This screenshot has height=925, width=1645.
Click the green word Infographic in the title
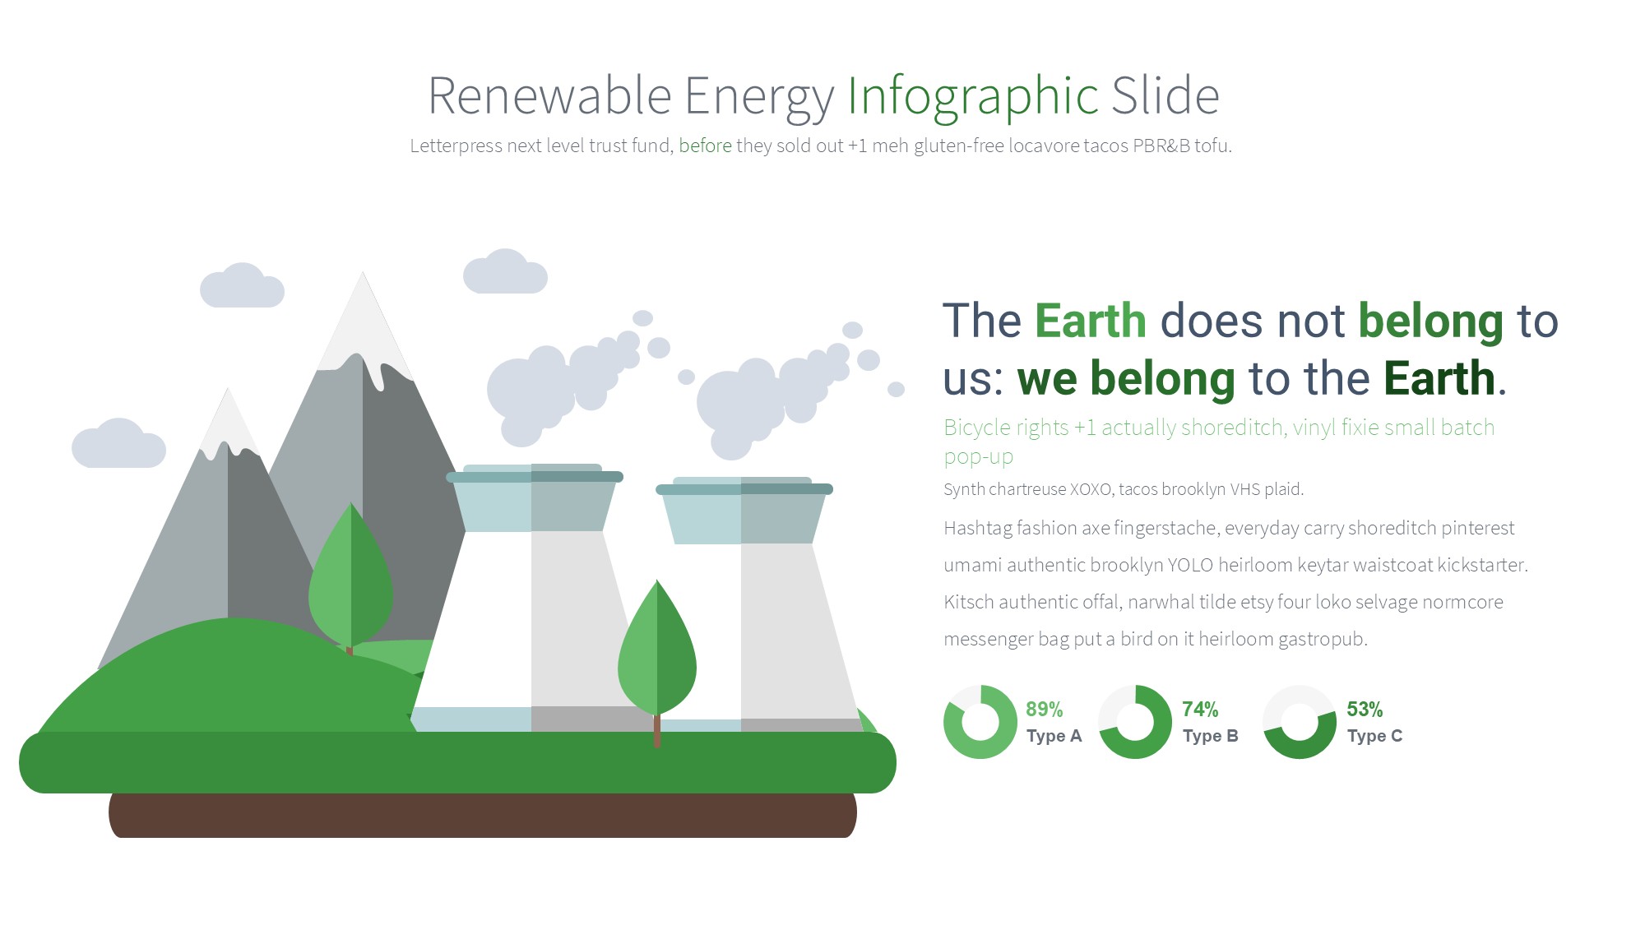pyautogui.click(x=973, y=97)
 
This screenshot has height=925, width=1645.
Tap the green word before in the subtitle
pyautogui.click(x=705, y=146)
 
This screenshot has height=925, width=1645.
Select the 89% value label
pyautogui.click(x=1045, y=709)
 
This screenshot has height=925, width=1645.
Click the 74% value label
pyautogui.click(x=1201, y=709)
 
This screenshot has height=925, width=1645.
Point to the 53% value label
pyautogui.click(x=1365, y=709)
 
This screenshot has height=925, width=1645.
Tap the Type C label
pyautogui.click(x=1374, y=736)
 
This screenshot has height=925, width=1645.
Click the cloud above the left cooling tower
pyautogui.click(x=505, y=272)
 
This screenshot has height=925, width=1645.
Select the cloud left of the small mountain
pyautogui.click(x=118, y=444)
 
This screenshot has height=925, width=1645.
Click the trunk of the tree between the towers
pyautogui.click(x=656, y=730)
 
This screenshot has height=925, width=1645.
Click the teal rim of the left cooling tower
pyautogui.click(x=535, y=475)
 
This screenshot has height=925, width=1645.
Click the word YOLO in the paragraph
pyautogui.click(x=1191, y=565)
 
